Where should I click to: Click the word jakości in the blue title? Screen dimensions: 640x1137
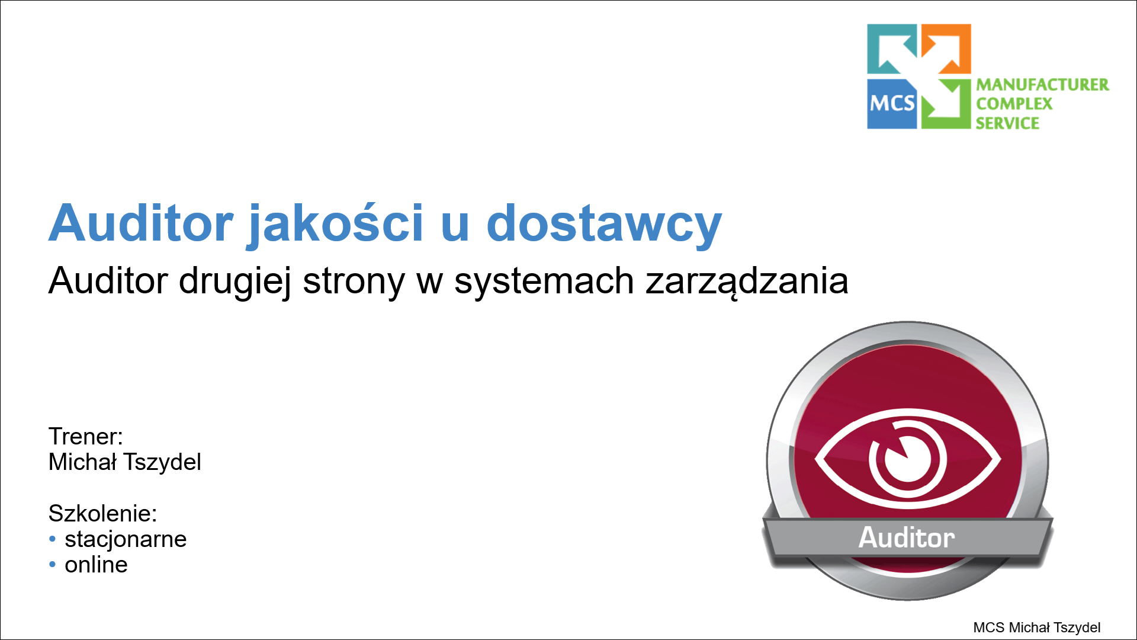[335, 224]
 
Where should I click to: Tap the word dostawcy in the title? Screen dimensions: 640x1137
[603, 224]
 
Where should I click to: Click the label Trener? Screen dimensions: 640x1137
[86, 437]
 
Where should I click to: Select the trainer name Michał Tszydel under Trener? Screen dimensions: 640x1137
[125, 462]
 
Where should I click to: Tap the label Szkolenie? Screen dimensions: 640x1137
[102, 513]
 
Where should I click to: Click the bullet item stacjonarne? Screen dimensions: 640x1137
[126, 539]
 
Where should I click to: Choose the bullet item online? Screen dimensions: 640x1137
[96, 565]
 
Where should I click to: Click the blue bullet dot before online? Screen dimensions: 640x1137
[52, 565]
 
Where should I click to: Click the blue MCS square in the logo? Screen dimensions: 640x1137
[891, 104]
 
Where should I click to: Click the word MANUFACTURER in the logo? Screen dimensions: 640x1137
[1042, 85]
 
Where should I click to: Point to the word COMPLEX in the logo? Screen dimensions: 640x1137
[1014, 104]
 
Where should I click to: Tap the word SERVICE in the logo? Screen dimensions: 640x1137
[1007, 123]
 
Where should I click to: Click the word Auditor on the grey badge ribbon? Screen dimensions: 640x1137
[907, 537]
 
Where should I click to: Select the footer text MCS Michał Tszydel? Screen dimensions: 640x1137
[1036, 628]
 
